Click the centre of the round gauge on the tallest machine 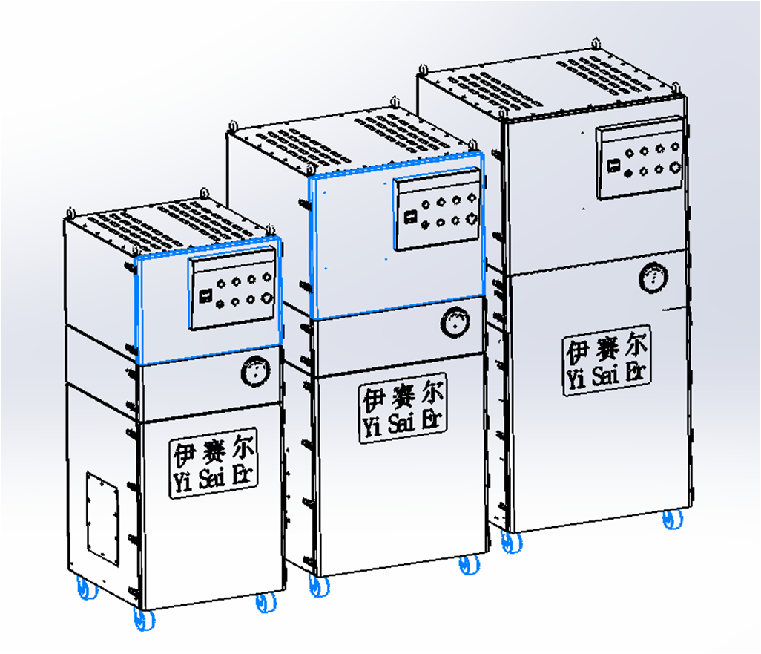click(x=653, y=278)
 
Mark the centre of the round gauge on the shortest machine click(x=255, y=372)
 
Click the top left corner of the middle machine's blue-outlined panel click(x=309, y=178)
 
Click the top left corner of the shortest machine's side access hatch click(x=88, y=472)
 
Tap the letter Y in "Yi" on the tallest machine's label click(x=572, y=379)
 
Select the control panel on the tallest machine click(x=639, y=158)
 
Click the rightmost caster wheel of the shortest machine click(x=266, y=603)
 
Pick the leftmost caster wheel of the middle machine click(x=319, y=586)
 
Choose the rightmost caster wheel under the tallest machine click(x=673, y=519)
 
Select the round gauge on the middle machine click(x=455, y=323)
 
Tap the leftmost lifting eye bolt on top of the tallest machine click(x=424, y=69)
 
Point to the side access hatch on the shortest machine click(x=103, y=519)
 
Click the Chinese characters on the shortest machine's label click(x=214, y=452)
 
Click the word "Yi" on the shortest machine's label click(x=182, y=482)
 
